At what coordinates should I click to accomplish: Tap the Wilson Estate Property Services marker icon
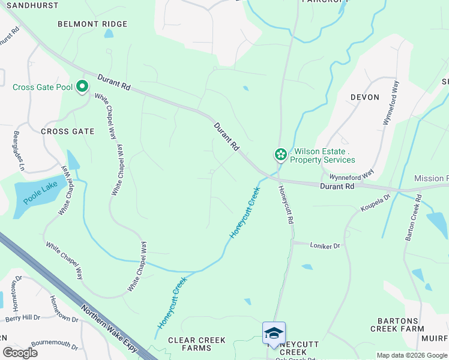point(280,155)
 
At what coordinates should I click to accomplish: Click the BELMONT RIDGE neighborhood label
point(92,24)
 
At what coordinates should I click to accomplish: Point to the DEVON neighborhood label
point(364,97)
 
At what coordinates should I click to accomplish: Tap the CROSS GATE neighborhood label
point(67,131)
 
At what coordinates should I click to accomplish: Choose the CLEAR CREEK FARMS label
point(197,344)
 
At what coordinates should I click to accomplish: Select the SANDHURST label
point(29,5)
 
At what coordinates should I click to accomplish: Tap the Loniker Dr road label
point(325,246)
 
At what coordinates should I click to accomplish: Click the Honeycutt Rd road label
point(286,205)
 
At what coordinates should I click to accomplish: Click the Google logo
point(20,353)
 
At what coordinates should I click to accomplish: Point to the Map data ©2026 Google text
point(412,355)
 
